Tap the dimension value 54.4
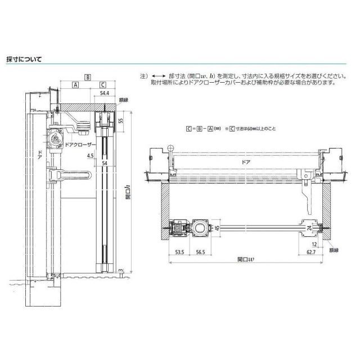click(x=105, y=92)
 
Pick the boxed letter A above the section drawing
click(x=75, y=85)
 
